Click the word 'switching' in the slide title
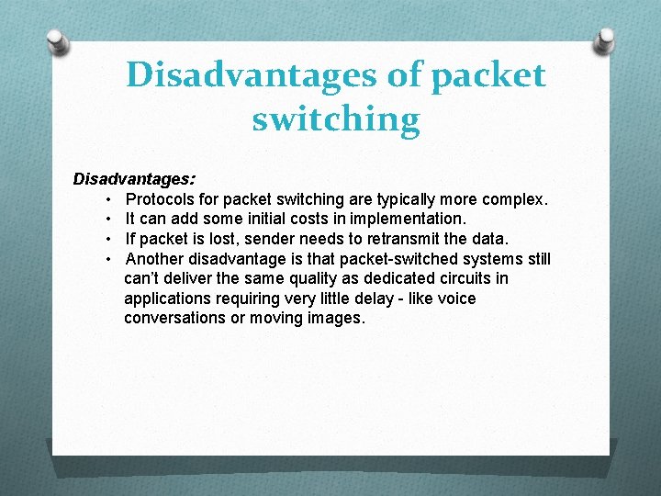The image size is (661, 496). pos(336,119)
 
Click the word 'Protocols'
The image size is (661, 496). pos(160,198)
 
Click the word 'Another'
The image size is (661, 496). pos(154,259)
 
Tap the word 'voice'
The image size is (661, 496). pos(456,299)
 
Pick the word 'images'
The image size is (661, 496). pos(336,319)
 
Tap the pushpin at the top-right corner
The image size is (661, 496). pos(605,39)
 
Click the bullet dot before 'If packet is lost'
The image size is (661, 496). pos(108,239)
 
